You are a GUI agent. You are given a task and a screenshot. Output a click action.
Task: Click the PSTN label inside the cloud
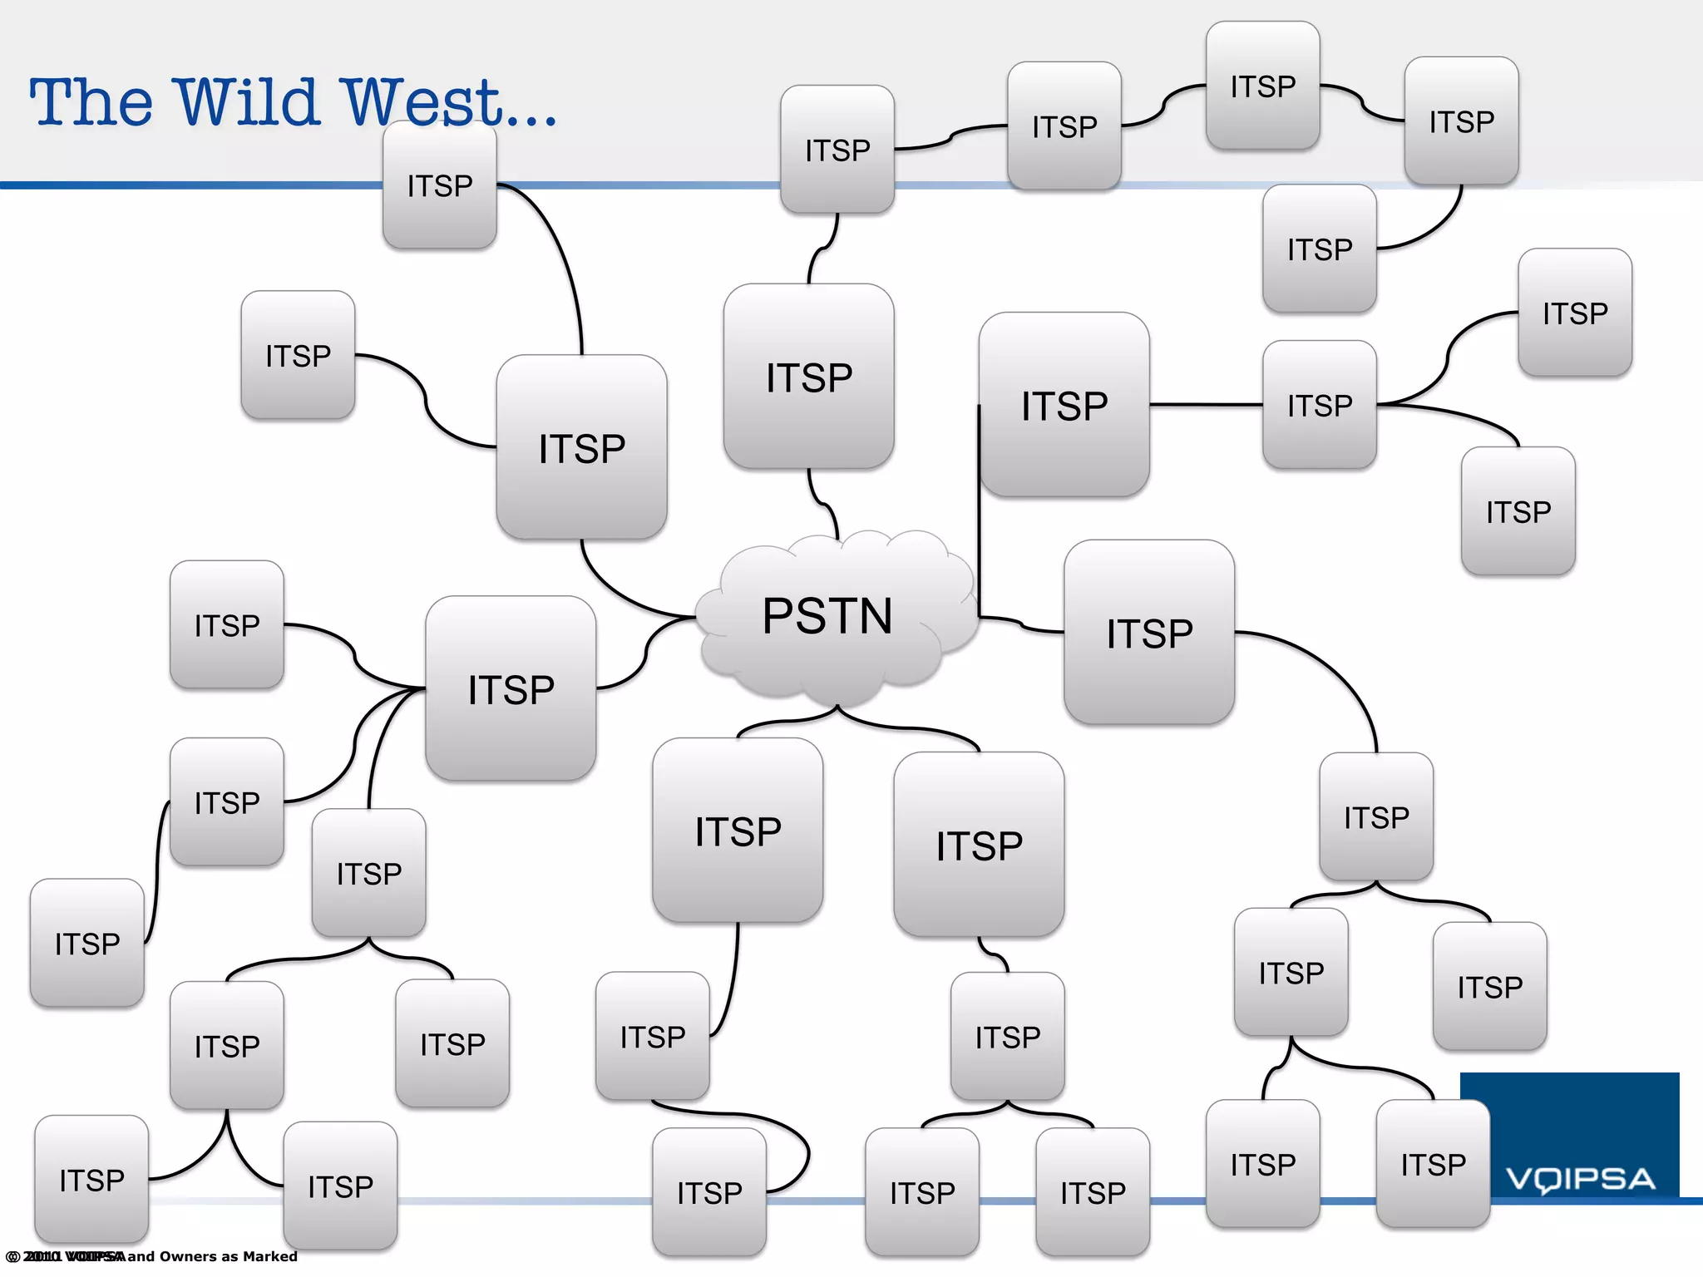(x=827, y=616)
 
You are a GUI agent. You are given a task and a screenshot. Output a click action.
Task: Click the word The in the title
(x=91, y=102)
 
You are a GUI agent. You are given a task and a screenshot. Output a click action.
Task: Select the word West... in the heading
(x=449, y=102)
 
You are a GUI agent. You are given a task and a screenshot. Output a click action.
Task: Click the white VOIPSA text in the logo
(x=1580, y=1179)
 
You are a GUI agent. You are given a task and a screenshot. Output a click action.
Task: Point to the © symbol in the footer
(x=12, y=1256)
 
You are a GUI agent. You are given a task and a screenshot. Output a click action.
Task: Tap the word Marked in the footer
(x=270, y=1256)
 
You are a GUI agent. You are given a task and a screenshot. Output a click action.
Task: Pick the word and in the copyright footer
(x=141, y=1256)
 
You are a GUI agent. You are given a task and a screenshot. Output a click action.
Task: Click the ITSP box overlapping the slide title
(x=439, y=185)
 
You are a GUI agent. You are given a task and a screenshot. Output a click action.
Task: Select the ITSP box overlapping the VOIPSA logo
(x=1433, y=1164)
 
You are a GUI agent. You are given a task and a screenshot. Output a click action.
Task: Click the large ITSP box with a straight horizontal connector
(x=1064, y=406)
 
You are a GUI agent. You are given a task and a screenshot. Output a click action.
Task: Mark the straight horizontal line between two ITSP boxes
(x=1206, y=405)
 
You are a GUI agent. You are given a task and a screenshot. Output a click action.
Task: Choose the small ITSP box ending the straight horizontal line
(x=1319, y=405)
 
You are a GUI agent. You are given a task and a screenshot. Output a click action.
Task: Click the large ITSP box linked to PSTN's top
(x=808, y=377)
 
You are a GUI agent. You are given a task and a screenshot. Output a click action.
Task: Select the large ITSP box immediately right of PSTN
(x=1148, y=633)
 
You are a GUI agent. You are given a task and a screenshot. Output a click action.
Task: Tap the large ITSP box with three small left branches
(x=510, y=688)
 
